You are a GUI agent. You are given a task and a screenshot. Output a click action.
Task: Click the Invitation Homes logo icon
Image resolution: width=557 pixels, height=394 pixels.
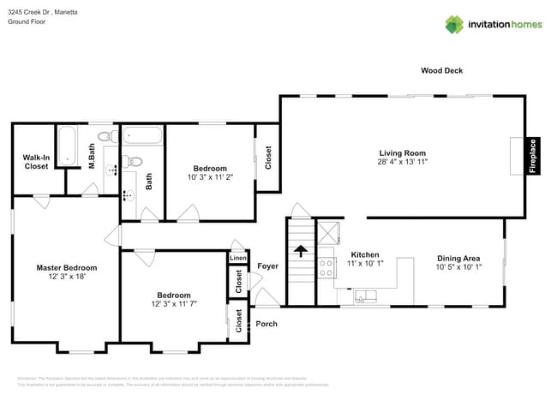coord(454,24)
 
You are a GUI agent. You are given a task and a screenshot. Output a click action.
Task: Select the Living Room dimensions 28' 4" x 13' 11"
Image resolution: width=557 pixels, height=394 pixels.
coord(403,161)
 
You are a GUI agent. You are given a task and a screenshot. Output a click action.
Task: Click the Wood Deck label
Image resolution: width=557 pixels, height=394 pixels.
coord(441,70)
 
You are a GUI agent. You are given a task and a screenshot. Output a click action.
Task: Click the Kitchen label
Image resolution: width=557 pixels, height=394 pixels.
coord(365,254)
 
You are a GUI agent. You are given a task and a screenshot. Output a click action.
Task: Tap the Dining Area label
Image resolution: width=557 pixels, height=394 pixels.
coord(458,258)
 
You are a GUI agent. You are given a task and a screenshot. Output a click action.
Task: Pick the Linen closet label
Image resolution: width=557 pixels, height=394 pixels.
coord(237,258)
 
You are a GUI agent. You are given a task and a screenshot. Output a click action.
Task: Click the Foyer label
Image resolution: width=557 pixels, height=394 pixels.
coord(267,266)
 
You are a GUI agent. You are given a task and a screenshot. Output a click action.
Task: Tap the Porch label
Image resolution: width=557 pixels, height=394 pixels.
coord(267,324)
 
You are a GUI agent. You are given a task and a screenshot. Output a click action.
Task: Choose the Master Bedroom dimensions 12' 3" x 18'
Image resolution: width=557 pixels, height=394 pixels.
coord(66,278)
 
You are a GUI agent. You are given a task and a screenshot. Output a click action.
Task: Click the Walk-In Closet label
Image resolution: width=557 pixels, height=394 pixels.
coord(35,162)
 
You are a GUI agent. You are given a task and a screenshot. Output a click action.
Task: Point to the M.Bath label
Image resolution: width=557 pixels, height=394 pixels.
coord(92,157)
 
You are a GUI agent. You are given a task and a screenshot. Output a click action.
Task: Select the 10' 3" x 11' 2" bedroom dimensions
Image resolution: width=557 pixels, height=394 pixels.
coord(210,177)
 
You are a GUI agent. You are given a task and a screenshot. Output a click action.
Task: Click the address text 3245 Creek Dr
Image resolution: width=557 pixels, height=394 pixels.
coord(28,12)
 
